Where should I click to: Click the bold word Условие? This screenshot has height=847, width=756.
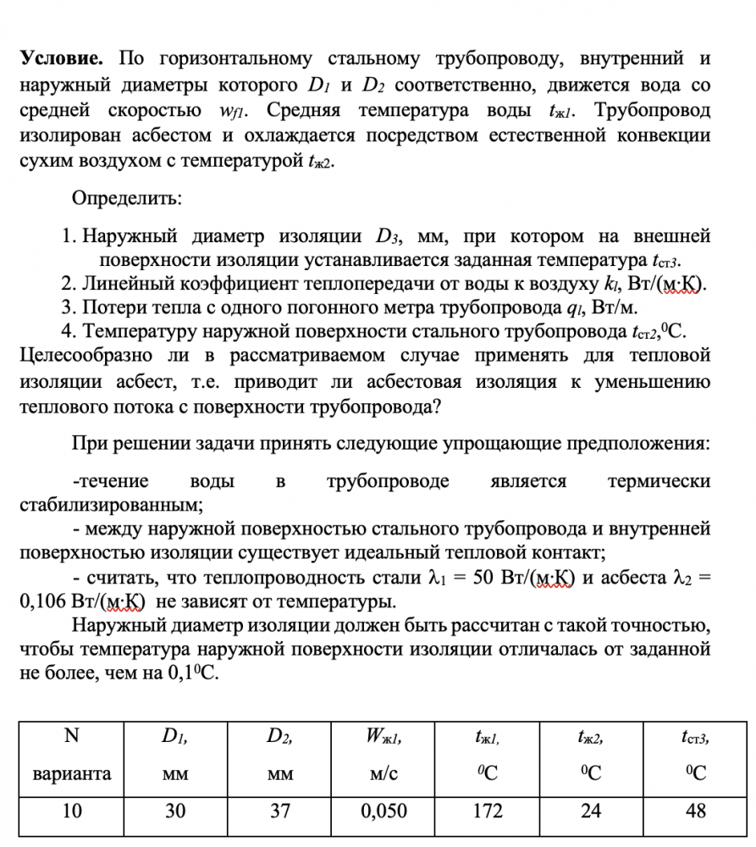[x=61, y=58]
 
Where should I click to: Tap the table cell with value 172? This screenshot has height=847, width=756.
[x=487, y=811]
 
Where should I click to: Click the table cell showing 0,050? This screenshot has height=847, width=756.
[x=384, y=811]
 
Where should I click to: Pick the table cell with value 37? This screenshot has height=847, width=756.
[x=280, y=811]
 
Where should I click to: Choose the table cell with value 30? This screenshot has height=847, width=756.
[x=175, y=811]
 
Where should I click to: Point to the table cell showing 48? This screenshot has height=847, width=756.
[x=695, y=811]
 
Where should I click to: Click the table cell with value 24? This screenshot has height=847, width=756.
[x=591, y=811]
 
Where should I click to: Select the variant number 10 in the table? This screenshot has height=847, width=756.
[x=72, y=811]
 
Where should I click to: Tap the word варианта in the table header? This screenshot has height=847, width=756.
[x=72, y=772]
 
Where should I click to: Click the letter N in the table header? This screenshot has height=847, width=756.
[x=72, y=736]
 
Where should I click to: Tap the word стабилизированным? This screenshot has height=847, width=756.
[x=110, y=506]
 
